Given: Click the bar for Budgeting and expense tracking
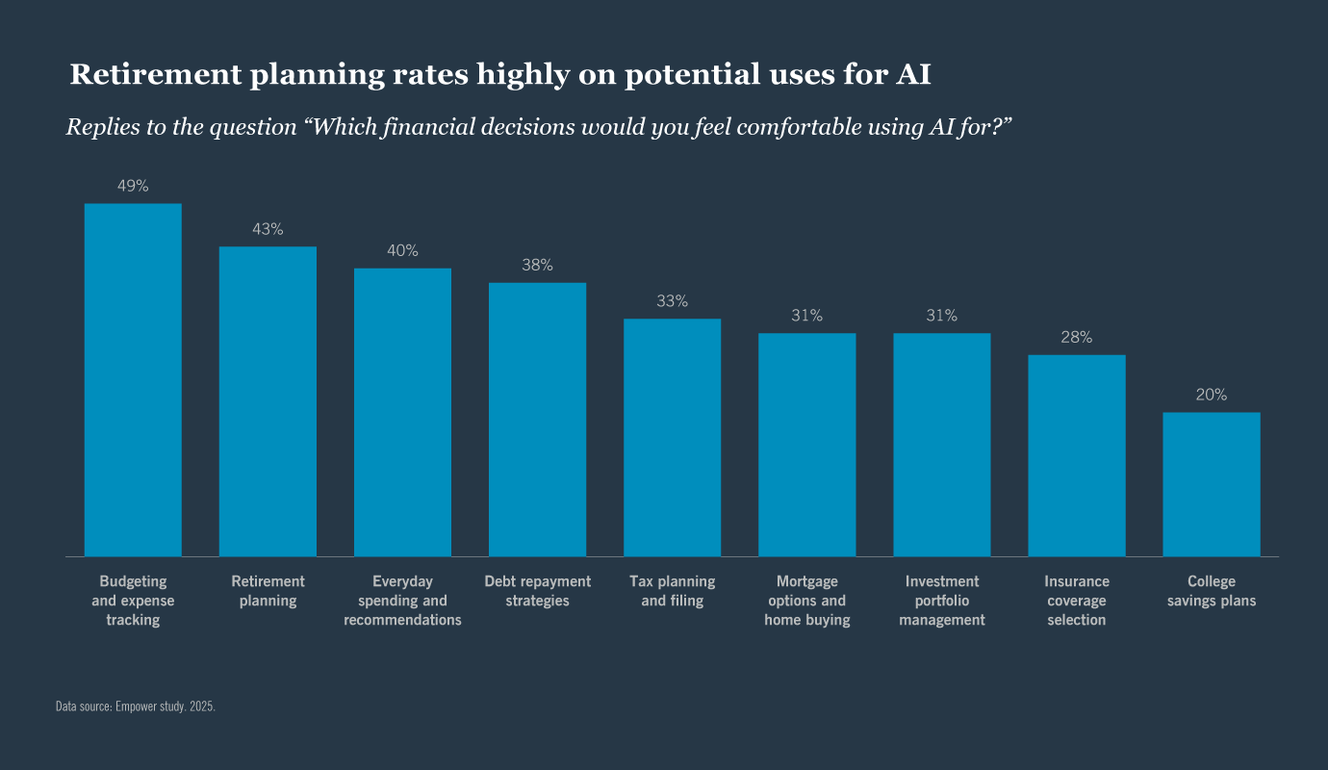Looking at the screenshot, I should click(133, 379).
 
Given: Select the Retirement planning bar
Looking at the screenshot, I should click(268, 401).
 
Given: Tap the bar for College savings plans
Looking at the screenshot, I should click(1211, 484).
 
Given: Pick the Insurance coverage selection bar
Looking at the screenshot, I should click(1076, 455).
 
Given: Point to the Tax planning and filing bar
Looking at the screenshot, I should click(672, 437).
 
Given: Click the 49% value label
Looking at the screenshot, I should click(133, 187).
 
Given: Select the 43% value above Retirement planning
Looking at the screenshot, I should click(268, 230).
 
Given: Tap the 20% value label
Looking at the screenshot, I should click(1211, 396).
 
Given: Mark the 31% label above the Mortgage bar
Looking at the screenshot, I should click(806, 317).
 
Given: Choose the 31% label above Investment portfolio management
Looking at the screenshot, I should click(941, 317).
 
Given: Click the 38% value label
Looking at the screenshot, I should click(537, 266).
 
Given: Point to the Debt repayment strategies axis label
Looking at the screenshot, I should click(537, 591).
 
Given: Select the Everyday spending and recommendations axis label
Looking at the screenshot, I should click(402, 601).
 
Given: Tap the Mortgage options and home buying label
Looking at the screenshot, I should click(806, 601).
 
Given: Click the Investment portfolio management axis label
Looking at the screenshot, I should click(941, 601).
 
